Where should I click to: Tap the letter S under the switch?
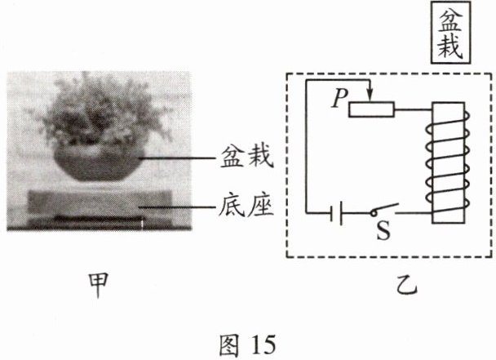tap(383, 233)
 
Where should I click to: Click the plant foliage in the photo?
tap(98, 114)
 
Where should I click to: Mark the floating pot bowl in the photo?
tap(98, 163)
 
